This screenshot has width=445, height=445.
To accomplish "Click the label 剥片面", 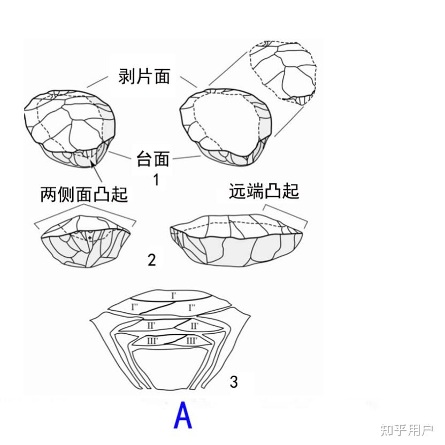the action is tap(144, 76).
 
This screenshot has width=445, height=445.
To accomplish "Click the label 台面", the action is tap(154, 158).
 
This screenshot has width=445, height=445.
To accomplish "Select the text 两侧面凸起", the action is tap(84, 194).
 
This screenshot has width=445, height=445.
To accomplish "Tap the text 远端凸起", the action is tap(264, 191).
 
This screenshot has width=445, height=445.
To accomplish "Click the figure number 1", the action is tap(156, 180).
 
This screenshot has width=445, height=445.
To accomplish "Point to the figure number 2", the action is tap(152, 260).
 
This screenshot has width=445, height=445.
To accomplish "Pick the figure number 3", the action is tap(234, 382).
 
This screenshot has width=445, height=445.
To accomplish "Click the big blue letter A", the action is tap(183, 417).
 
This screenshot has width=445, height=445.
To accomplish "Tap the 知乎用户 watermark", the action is tap(406, 429).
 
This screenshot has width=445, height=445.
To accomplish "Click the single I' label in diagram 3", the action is tap(173, 296).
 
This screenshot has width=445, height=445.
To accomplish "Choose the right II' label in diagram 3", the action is tap(194, 326).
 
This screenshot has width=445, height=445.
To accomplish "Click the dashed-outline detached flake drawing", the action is tap(283, 72).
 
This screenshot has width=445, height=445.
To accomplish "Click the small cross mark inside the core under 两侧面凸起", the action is tap(90, 237).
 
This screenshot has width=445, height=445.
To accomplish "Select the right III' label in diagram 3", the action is tap(191, 340).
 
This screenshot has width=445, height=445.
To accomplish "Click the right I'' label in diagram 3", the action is tap(191, 307).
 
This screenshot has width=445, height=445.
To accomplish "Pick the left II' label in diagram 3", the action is tap(151, 325).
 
